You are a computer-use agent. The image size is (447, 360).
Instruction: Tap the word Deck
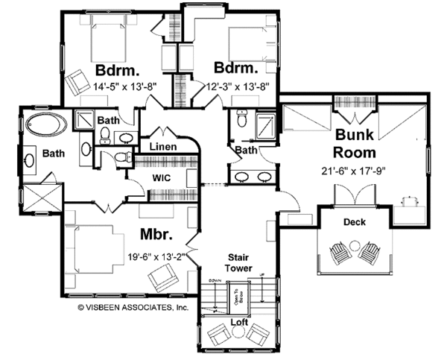pyautogui.click(x=354, y=222)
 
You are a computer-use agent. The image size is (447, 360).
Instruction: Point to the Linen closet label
pyautogui.click(x=163, y=147)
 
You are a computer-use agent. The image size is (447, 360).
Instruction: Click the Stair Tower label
pyautogui.click(x=239, y=262)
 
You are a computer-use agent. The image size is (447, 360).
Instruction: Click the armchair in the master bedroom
pyautogui.click(x=163, y=280)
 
